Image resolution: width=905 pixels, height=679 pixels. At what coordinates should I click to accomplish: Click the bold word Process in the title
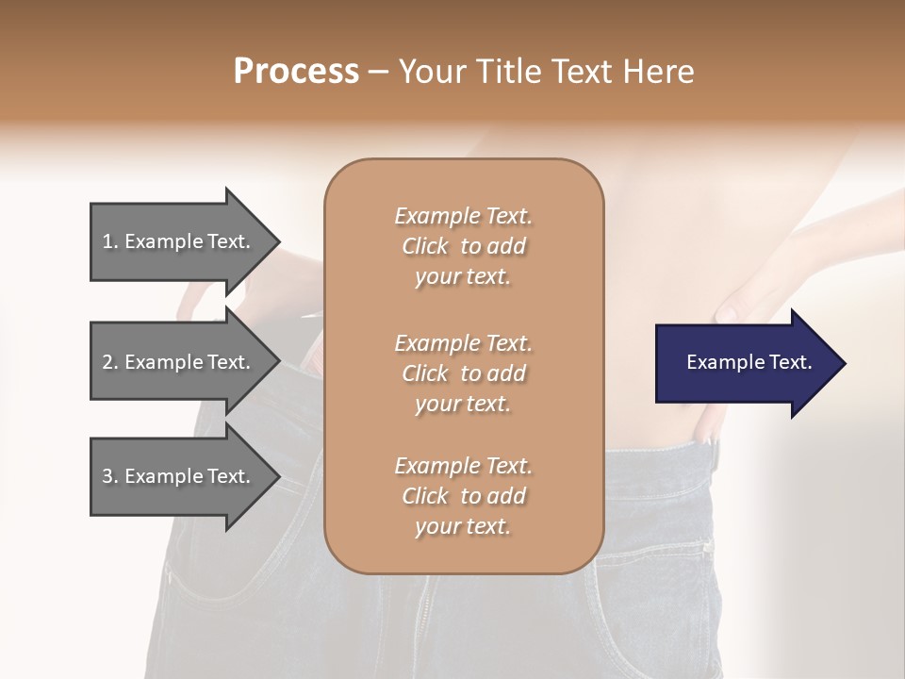(x=296, y=72)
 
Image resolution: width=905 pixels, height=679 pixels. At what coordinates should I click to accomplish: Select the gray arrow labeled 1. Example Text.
(x=179, y=241)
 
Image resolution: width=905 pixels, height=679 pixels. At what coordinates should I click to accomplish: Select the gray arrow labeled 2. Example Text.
(x=179, y=362)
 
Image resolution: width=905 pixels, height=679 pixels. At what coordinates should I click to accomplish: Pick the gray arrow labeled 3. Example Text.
(x=179, y=476)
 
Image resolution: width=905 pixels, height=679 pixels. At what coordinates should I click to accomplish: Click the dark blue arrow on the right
(x=745, y=363)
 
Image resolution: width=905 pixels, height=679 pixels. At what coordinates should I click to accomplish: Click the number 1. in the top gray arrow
(x=110, y=241)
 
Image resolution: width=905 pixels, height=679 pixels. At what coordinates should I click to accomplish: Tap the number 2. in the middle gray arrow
(x=110, y=362)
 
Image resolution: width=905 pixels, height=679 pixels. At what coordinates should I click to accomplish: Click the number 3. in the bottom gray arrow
(x=110, y=476)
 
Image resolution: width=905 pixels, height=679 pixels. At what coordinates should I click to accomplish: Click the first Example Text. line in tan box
(x=463, y=216)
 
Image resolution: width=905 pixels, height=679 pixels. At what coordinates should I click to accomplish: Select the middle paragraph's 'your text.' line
(x=463, y=404)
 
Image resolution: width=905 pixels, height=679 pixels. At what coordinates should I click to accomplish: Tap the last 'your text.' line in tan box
(x=463, y=527)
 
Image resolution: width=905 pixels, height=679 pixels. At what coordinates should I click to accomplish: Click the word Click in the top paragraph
(x=425, y=247)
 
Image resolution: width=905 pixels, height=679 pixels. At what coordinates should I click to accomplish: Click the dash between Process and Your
(x=378, y=72)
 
